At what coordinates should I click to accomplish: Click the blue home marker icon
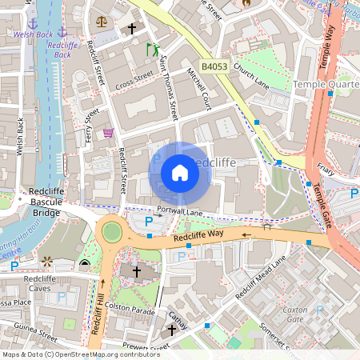coord(180,173)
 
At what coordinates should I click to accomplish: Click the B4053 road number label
coord(214,67)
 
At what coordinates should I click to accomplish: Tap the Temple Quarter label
coord(326,84)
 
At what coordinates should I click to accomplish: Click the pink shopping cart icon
coord(108,133)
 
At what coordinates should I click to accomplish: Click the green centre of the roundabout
coord(111,232)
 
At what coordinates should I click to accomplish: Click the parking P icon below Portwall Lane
coord(147,222)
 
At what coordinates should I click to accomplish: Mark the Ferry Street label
coord(91,126)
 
